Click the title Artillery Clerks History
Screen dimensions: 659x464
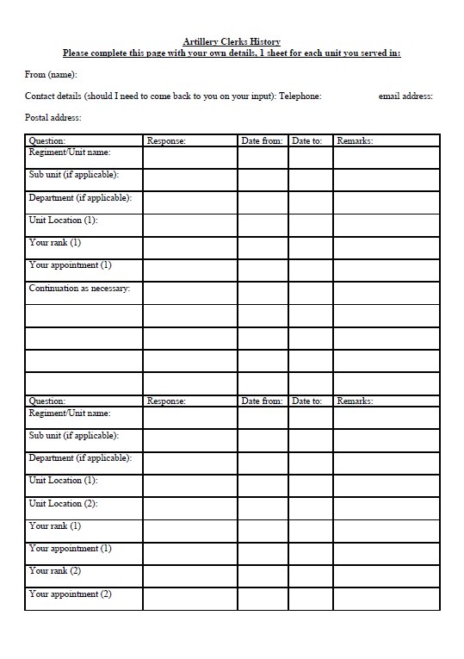coord(232,41)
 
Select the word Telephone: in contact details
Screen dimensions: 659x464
coord(300,96)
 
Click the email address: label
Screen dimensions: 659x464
coord(405,96)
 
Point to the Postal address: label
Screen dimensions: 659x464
coord(53,118)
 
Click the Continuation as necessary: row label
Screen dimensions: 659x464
coord(79,289)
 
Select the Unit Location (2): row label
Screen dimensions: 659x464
coord(63,503)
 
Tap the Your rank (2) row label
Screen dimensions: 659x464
coord(54,571)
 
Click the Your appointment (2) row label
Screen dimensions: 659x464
coord(70,594)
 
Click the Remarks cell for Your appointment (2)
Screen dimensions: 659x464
coord(386,599)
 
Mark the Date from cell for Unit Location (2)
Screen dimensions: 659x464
coord(263,508)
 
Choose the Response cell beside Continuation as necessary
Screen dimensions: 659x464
coord(189,293)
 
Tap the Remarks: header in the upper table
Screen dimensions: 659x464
coord(355,140)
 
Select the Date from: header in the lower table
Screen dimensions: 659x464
coord(262,401)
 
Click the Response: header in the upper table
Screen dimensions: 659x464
coord(166,140)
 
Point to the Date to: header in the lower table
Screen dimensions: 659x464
coord(306,401)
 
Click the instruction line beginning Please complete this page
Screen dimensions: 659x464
coord(232,53)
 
